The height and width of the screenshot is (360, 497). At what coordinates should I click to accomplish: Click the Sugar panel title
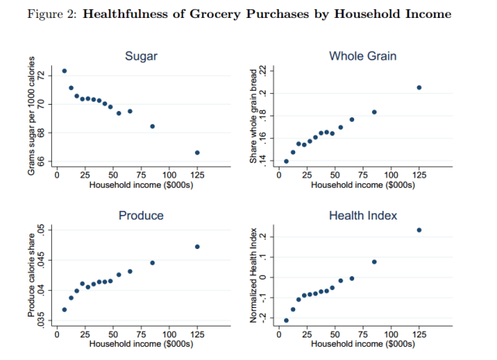click(x=141, y=56)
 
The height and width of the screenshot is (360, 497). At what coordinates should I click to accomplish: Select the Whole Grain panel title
click(x=363, y=56)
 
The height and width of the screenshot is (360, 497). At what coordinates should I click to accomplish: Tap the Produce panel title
click(x=141, y=215)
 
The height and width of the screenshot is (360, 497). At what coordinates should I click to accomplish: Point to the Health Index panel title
click(x=363, y=215)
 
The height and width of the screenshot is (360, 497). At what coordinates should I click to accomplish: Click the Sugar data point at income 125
click(x=197, y=152)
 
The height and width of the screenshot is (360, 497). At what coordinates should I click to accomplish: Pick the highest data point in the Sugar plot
click(x=64, y=71)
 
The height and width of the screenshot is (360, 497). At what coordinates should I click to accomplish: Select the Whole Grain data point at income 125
click(x=419, y=88)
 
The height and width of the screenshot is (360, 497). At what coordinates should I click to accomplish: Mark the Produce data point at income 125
click(x=197, y=247)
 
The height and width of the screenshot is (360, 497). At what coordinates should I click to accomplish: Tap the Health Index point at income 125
click(x=419, y=230)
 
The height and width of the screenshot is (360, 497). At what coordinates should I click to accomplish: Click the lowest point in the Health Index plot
click(x=287, y=320)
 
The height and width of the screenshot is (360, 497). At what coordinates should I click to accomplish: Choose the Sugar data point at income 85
click(x=152, y=126)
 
